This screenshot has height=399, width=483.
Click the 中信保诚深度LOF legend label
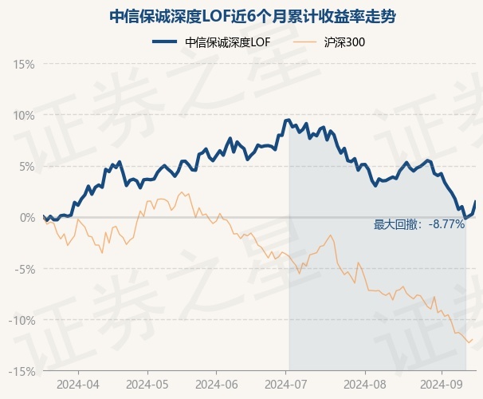(x=227, y=42)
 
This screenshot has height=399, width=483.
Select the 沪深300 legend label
(x=345, y=42)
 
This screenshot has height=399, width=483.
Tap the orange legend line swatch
(x=307, y=42)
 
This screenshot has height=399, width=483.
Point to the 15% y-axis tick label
(x=24, y=64)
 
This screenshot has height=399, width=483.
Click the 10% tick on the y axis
(x=24, y=115)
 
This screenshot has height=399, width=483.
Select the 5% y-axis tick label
(x=26, y=166)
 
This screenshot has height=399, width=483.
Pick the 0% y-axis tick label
(x=26, y=217)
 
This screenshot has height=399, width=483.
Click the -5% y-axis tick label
(x=25, y=269)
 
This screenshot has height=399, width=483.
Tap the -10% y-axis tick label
(x=22, y=320)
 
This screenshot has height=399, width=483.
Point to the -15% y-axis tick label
(x=22, y=371)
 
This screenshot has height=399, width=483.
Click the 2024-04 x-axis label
(x=78, y=383)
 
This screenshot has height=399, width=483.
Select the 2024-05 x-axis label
(x=147, y=383)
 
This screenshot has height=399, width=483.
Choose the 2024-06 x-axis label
(x=218, y=383)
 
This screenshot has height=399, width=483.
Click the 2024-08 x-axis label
(x=365, y=383)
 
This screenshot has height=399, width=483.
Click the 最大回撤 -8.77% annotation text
(x=419, y=225)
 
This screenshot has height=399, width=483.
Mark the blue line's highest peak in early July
(x=288, y=120)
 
